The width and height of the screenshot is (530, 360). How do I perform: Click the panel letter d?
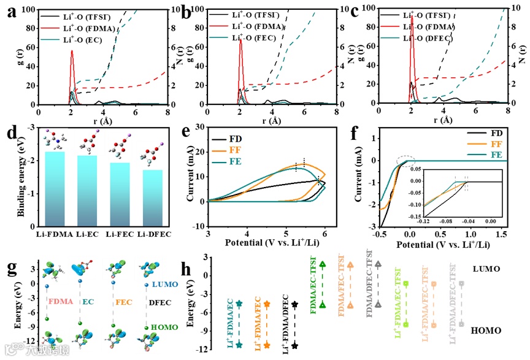click(9, 132)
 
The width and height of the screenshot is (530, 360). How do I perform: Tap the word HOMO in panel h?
click(486, 331)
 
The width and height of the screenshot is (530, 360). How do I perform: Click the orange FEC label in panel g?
click(121, 303)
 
